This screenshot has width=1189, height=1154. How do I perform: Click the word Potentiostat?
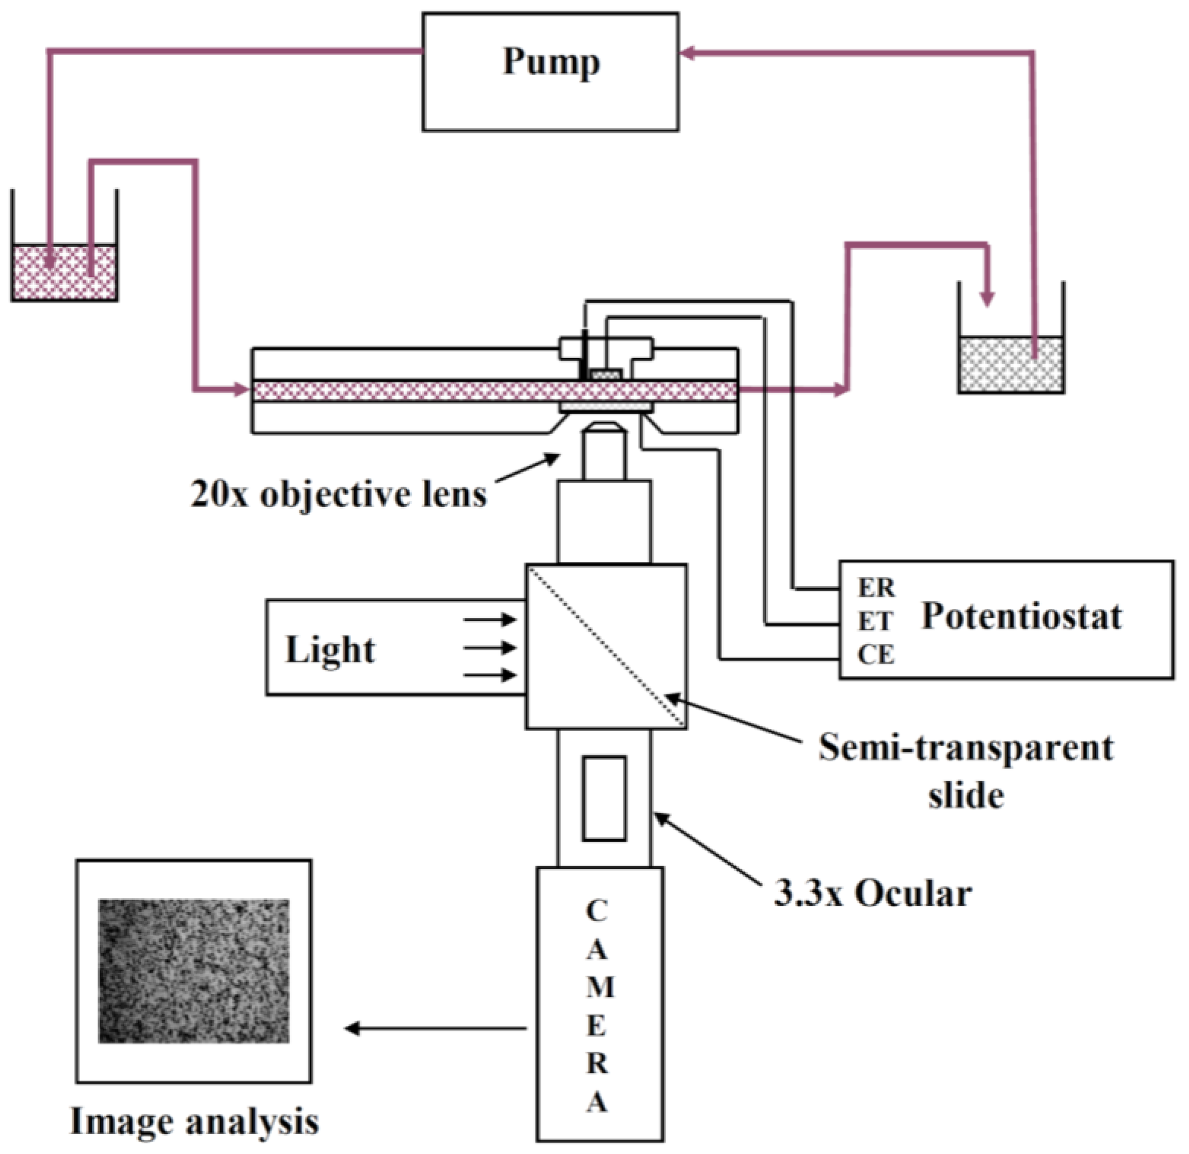(1021, 617)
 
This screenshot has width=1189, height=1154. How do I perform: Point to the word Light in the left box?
(330, 650)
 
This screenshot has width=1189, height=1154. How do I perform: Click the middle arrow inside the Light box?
(490, 648)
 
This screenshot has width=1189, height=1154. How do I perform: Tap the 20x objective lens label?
(338, 495)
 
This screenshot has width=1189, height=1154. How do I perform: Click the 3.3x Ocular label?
(873, 894)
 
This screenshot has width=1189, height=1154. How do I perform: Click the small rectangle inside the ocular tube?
(604, 798)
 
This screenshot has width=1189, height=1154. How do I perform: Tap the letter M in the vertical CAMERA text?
(600, 987)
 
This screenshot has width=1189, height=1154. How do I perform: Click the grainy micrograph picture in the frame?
(193, 971)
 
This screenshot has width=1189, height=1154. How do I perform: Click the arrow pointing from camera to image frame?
(434, 1028)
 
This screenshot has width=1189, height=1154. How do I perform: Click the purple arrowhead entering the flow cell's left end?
(242, 390)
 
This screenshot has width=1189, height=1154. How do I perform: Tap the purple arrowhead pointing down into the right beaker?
(987, 298)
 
